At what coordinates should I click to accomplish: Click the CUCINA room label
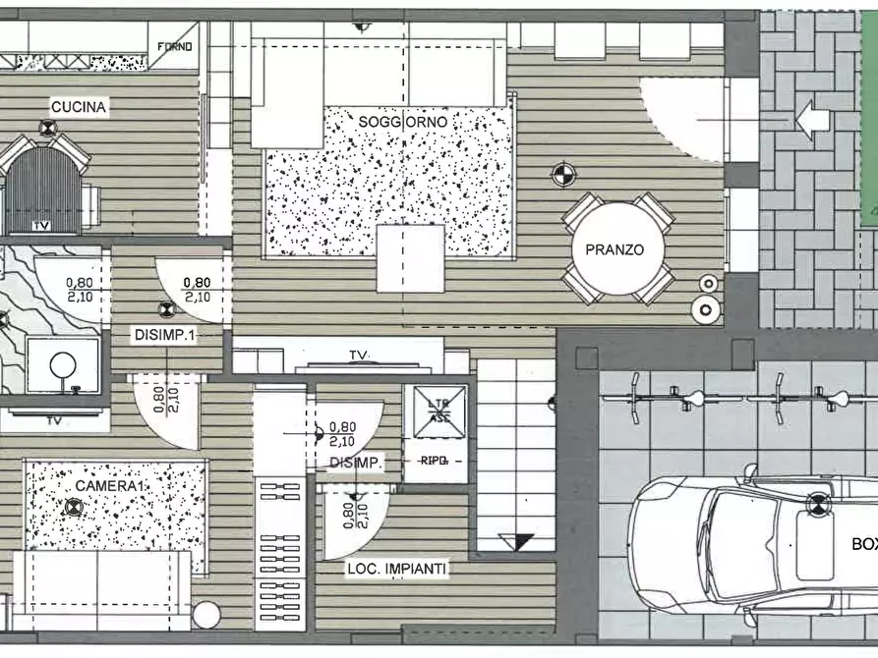pyautogui.click(x=79, y=107)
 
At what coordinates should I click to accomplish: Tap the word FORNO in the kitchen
pyautogui.click(x=177, y=46)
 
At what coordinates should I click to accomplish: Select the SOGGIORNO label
pyautogui.click(x=403, y=122)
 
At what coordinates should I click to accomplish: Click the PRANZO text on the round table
pyautogui.click(x=615, y=249)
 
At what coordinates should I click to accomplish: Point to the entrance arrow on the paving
pyautogui.click(x=812, y=120)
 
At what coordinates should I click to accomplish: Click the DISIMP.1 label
pyautogui.click(x=164, y=334)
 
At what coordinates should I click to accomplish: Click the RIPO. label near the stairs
pyautogui.click(x=434, y=460)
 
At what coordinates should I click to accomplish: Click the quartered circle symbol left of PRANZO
pyautogui.click(x=562, y=175)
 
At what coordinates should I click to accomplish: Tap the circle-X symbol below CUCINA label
pyautogui.click(x=46, y=128)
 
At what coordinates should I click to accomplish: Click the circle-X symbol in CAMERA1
pyautogui.click(x=72, y=508)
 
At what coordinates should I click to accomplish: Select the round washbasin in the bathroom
pyautogui.click(x=63, y=365)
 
